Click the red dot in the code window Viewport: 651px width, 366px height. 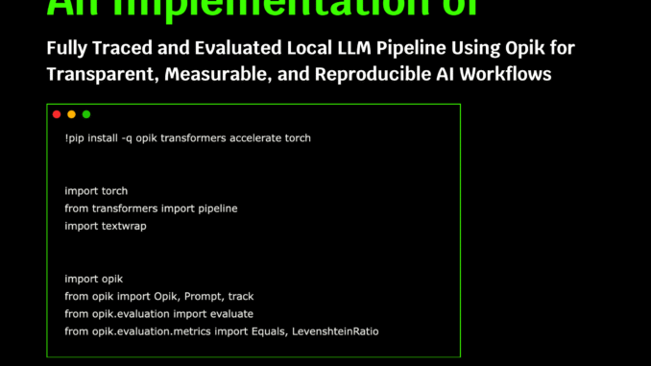(57, 114)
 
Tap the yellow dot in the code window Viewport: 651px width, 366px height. (71, 114)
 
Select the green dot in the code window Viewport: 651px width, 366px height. (86, 114)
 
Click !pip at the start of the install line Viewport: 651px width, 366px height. (76, 138)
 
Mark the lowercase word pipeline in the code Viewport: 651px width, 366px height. (215, 208)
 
